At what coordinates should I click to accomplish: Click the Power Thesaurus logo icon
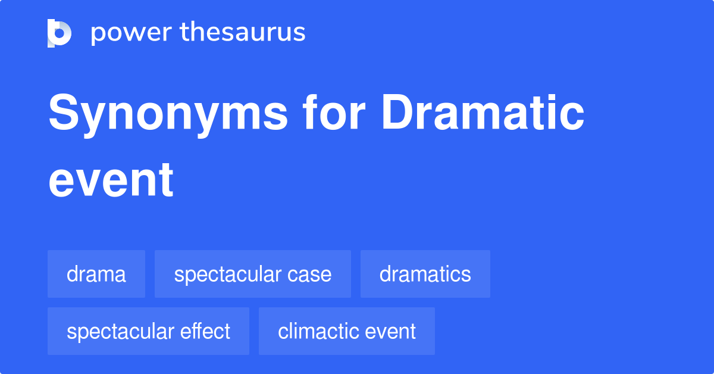59,33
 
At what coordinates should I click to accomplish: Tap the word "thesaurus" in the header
243,33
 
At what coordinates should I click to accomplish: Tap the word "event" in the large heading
111,180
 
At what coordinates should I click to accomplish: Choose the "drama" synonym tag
96,274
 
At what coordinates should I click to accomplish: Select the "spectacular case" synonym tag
252,274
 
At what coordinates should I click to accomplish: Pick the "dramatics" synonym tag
425,274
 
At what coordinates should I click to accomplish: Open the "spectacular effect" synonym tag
148,331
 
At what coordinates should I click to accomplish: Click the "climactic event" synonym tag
346,331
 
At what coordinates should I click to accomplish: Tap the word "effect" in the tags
205,331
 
